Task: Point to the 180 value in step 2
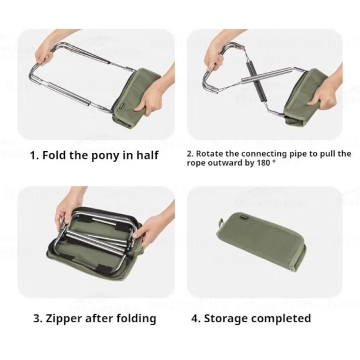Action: [263, 163]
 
